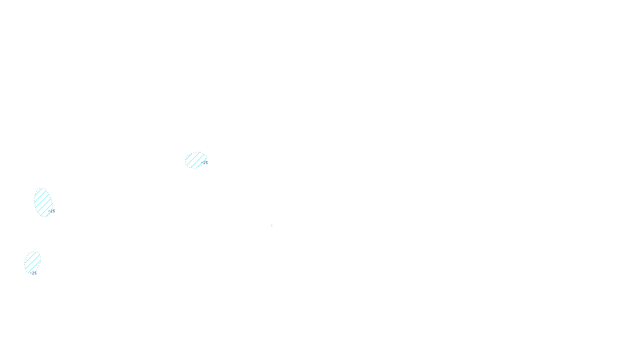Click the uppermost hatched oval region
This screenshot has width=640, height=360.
pos(196,160)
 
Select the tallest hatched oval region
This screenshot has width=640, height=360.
pos(43,203)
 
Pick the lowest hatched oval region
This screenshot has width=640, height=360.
pos(32,262)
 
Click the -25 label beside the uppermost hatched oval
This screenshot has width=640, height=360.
pos(206,163)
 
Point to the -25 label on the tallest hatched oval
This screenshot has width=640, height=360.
pos(53,211)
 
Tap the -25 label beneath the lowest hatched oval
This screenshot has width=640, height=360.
pos(34,273)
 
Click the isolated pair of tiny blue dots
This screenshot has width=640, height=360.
pos(272,226)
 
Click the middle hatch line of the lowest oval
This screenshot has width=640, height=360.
pos(32,262)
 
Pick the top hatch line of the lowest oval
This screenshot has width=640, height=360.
pos(29,255)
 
